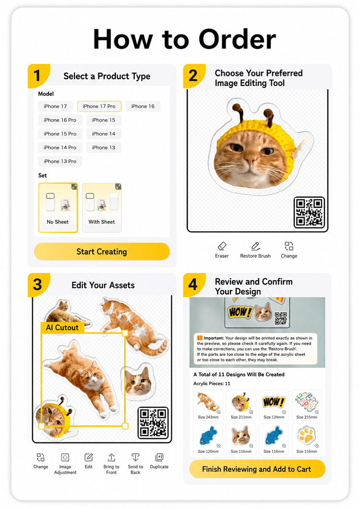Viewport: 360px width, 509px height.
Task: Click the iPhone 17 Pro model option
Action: (x=99, y=106)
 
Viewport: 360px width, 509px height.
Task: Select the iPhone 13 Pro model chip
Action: (x=60, y=161)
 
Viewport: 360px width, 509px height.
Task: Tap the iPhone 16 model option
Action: (x=143, y=106)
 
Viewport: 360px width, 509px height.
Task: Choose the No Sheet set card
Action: (x=58, y=208)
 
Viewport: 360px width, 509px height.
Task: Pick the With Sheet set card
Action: (x=102, y=208)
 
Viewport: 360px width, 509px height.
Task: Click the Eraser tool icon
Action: (x=222, y=246)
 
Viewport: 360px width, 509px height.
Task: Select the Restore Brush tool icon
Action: (x=255, y=246)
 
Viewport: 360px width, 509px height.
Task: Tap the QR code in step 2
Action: (x=309, y=213)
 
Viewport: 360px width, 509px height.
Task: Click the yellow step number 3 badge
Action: (x=38, y=284)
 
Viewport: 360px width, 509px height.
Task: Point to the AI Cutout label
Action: (x=62, y=328)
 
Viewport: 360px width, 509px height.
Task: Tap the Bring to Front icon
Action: (x=111, y=457)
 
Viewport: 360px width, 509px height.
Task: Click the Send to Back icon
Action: (x=135, y=457)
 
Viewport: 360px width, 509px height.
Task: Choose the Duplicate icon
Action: (x=159, y=457)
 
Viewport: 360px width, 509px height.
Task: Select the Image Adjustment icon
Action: (x=65, y=457)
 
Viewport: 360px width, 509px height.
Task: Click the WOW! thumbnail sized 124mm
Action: (x=274, y=405)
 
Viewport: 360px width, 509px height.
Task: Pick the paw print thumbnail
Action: (x=306, y=439)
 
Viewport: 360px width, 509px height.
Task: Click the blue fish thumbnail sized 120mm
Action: (x=208, y=439)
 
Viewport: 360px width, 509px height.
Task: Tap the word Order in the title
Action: (x=237, y=39)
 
